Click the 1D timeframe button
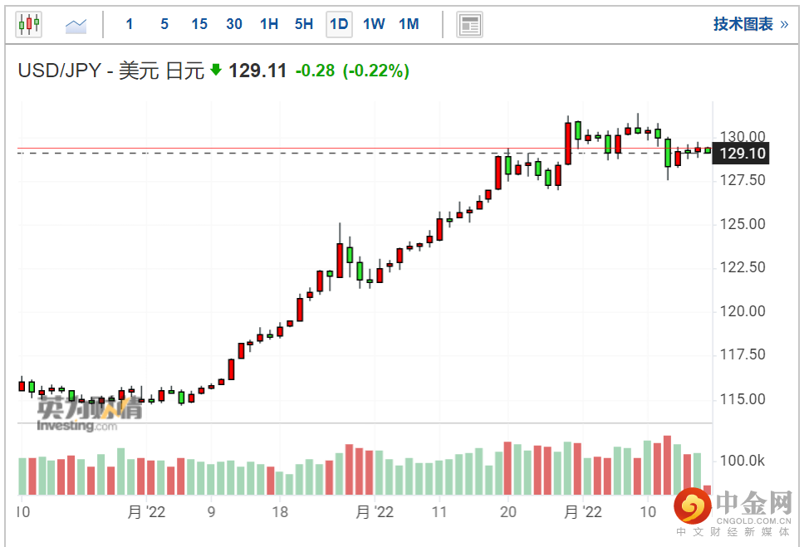338,24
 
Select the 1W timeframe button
374,24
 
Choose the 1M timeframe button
409,24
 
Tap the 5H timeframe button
304,24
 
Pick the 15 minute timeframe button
199,24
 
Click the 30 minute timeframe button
234,24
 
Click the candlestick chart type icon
29,24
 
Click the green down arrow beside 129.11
216,70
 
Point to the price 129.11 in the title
257,71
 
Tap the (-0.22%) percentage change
376,71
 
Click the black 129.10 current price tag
743,154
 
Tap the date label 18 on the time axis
280,512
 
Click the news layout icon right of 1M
469,25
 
